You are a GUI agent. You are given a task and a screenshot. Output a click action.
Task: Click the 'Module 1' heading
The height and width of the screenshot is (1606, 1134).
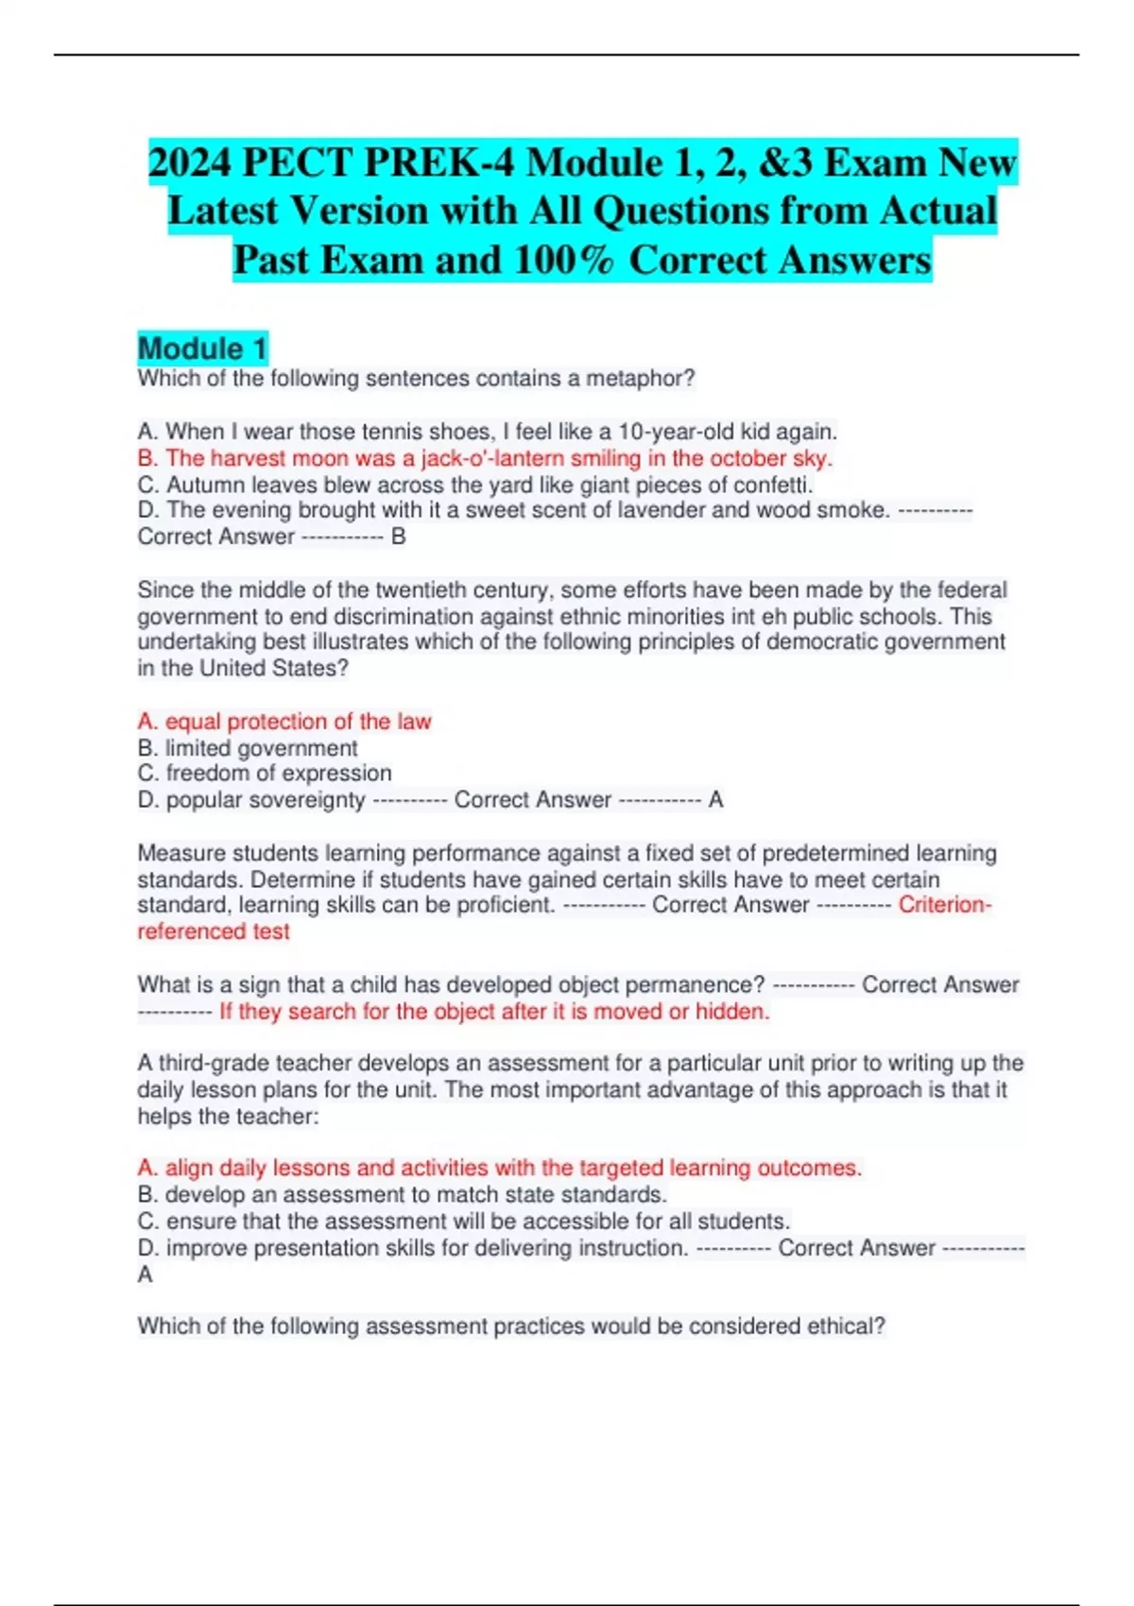pyautogui.click(x=202, y=349)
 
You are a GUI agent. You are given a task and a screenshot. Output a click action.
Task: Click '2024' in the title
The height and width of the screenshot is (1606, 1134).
pyautogui.click(x=190, y=162)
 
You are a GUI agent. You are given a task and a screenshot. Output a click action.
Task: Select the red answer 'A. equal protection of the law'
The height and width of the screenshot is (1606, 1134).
pyautogui.click(x=284, y=722)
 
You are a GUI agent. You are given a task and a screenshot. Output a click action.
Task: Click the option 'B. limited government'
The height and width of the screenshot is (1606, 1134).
pyautogui.click(x=248, y=748)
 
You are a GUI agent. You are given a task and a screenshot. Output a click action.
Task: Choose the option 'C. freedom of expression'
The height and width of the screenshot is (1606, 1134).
pyautogui.click(x=265, y=774)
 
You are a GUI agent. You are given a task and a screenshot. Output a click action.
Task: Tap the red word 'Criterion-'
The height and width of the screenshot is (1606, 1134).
pyautogui.click(x=944, y=905)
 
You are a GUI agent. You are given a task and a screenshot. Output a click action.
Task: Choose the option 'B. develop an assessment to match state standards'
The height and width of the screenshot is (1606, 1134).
pyautogui.click(x=403, y=1195)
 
